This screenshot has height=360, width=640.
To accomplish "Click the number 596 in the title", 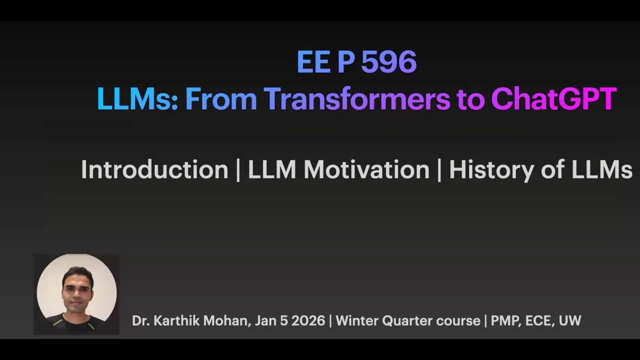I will click(388, 62).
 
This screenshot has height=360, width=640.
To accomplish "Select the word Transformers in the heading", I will click(357, 99).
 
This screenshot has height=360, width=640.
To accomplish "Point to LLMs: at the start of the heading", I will click(137, 99).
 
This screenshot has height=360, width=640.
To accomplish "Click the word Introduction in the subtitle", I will click(154, 170).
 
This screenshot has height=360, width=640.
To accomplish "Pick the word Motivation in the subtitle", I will click(366, 170).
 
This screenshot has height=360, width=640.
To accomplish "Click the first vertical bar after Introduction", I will click(238, 170).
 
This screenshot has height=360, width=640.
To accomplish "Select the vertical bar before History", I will click(439, 170).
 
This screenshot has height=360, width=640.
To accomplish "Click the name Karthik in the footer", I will click(175, 321).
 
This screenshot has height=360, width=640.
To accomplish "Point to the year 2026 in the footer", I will click(308, 321).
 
